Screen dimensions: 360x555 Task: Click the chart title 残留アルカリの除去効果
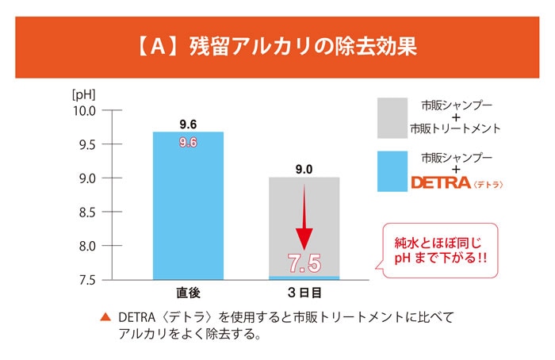coord(277,46)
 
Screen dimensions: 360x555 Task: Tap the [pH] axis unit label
coord(82,94)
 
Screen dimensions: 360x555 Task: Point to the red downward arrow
coord(304,218)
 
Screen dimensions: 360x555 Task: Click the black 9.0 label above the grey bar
coord(304,169)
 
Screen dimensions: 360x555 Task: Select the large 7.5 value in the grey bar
coord(304,262)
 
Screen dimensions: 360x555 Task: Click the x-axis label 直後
coord(187,293)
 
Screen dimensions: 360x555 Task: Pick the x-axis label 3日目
coord(304,293)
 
